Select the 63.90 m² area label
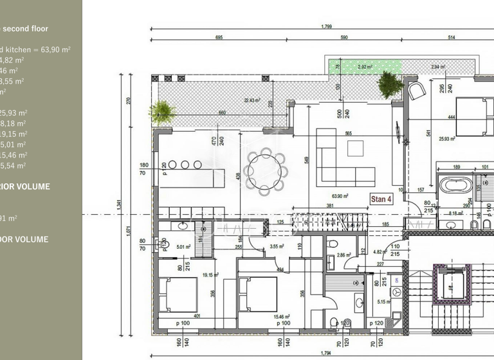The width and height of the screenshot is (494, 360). point(340,196)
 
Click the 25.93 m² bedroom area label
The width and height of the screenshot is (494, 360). point(447,138)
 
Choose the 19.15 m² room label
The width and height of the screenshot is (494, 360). point(212,274)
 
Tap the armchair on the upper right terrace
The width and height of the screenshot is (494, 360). point(417,89)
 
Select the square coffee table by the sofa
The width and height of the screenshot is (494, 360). point(355,148)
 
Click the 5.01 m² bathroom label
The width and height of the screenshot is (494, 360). point(185,246)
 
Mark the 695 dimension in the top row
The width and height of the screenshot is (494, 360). point(219,38)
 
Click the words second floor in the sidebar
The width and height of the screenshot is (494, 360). point(26,28)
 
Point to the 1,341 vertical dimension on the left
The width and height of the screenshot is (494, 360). point(119,204)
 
